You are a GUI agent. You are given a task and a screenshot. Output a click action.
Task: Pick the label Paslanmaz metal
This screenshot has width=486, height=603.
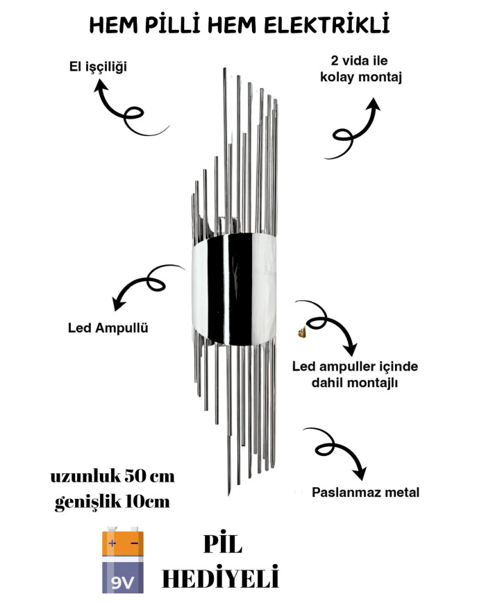point(366,493)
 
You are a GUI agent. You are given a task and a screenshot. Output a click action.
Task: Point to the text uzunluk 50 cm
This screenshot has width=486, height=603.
point(112,477)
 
